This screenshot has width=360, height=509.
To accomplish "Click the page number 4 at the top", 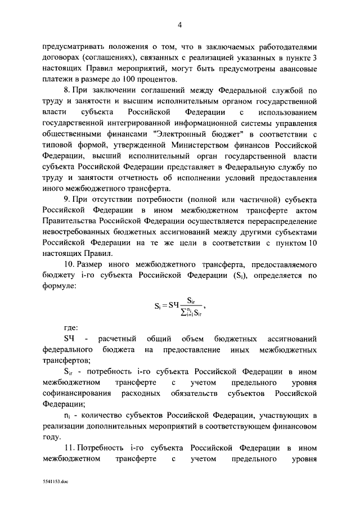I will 180,24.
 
